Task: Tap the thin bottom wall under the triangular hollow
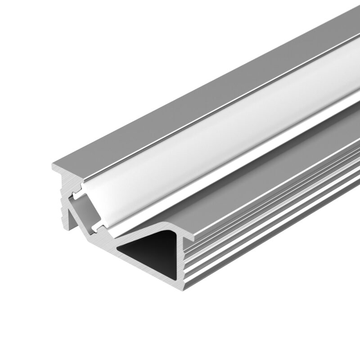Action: tap(153, 272)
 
